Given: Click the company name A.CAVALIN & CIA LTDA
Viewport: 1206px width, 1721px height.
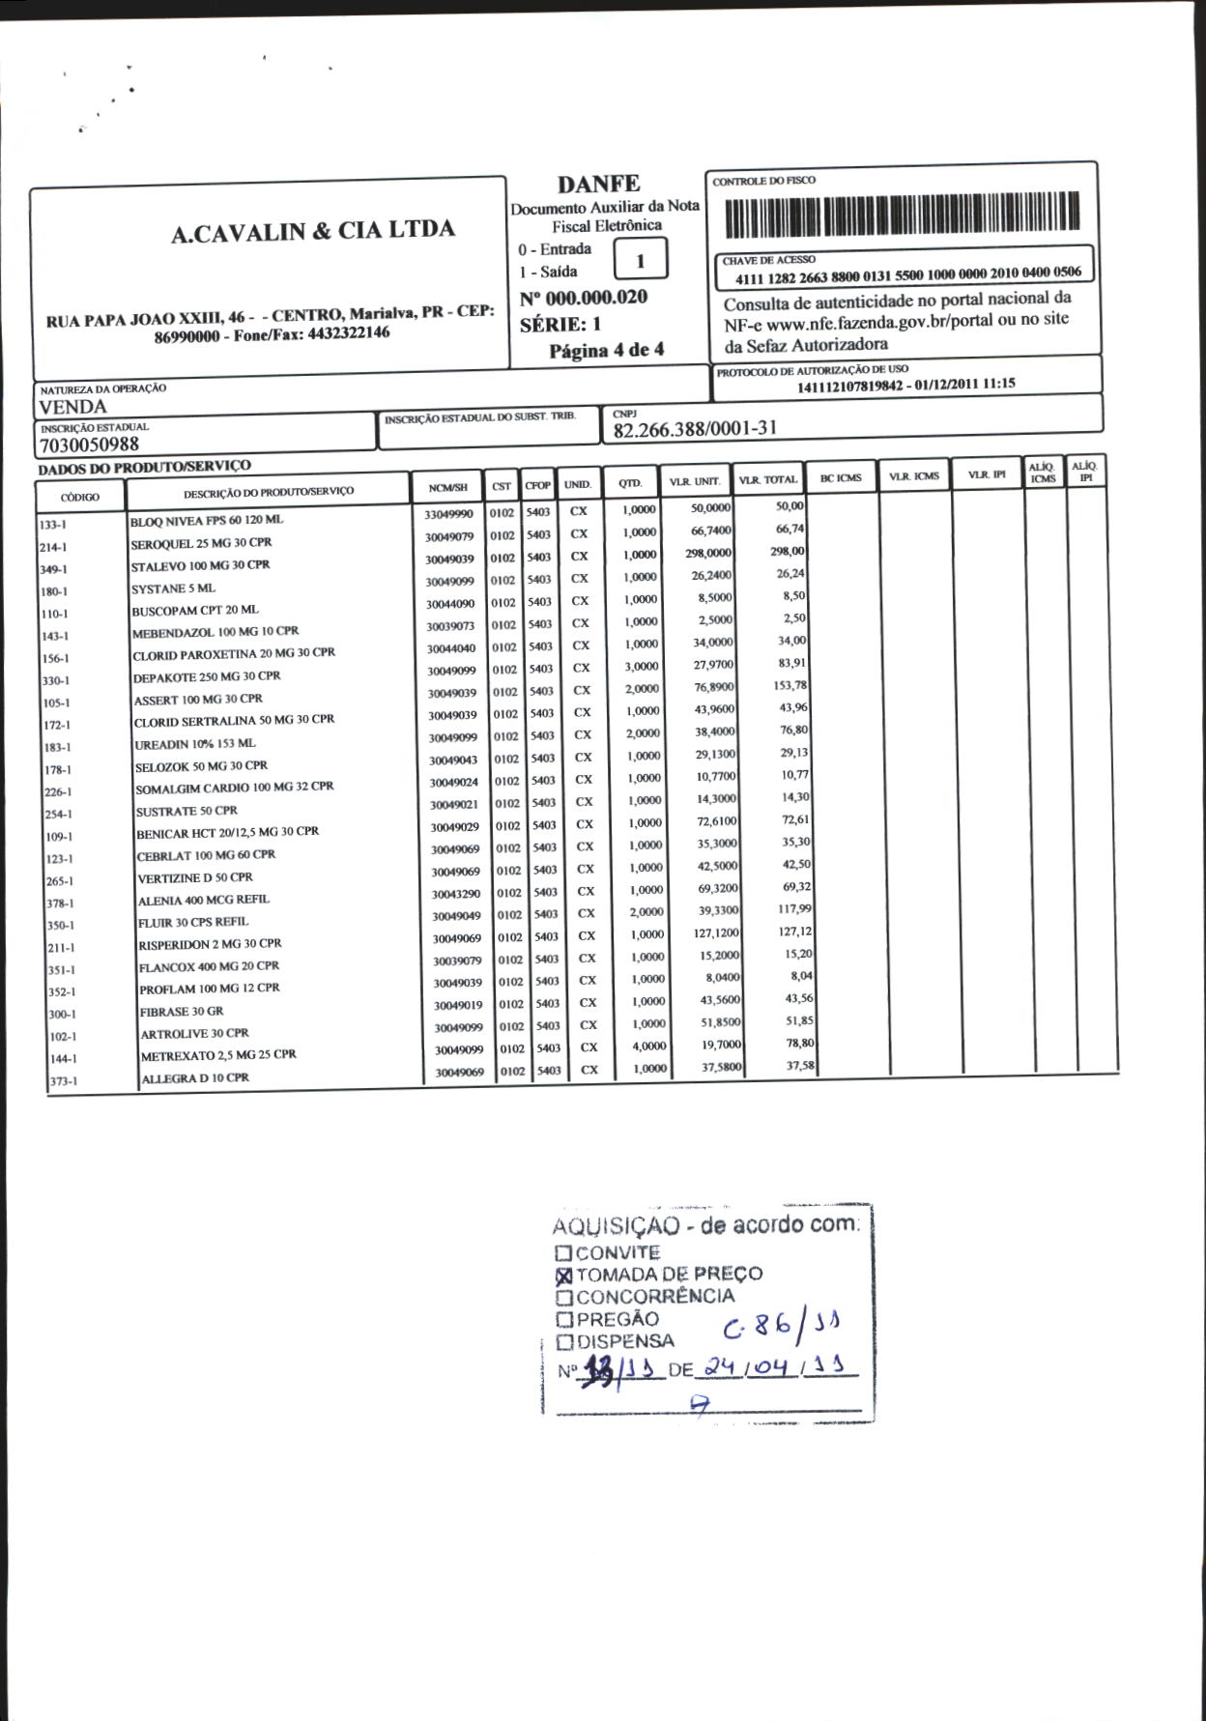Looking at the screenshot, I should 312,231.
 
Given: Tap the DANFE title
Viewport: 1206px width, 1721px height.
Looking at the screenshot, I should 598,184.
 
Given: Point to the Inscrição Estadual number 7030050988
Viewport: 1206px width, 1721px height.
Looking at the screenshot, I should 90,445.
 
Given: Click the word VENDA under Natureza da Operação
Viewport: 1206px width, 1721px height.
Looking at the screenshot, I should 73,407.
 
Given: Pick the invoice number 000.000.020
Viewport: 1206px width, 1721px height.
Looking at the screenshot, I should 596,298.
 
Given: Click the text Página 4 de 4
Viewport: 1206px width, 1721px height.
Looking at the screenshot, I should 607,350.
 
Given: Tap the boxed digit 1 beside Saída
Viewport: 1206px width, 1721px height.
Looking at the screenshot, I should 640,261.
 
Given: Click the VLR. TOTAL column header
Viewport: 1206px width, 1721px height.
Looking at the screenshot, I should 767,480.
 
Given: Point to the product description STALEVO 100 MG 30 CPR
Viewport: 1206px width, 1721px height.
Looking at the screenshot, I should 201,565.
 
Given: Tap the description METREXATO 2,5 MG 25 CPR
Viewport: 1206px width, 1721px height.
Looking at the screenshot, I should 218,1055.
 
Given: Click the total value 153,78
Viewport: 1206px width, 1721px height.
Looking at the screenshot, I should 790,686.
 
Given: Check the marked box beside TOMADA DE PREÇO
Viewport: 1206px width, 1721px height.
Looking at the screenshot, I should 564,1276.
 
